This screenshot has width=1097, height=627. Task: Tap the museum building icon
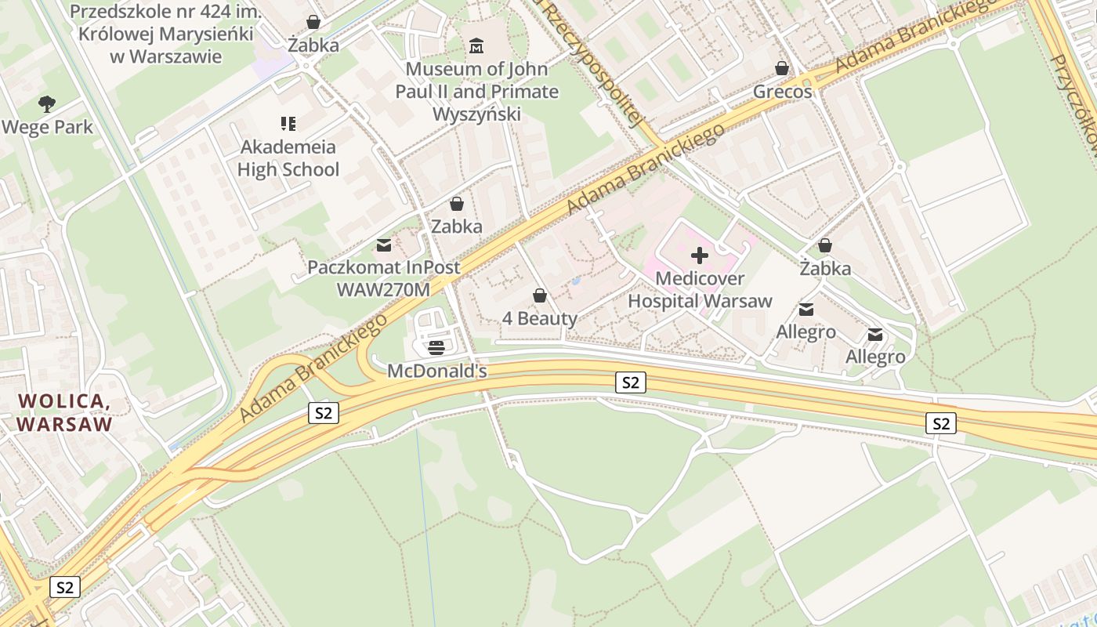pyautogui.click(x=476, y=46)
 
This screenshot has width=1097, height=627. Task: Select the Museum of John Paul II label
pyautogui.click(x=476, y=92)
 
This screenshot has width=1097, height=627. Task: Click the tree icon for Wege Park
pyautogui.click(x=47, y=103)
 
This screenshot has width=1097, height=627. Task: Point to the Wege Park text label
pyautogui.click(x=47, y=127)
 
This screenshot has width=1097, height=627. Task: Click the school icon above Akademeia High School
pyautogui.click(x=288, y=123)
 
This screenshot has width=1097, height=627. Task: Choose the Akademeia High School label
pyautogui.click(x=288, y=158)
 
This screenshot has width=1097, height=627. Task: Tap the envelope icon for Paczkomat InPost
pyautogui.click(x=384, y=245)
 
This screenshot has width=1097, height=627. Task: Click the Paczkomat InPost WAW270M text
pyautogui.click(x=384, y=278)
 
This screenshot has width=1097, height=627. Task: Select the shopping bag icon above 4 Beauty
pyautogui.click(x=539, y=295)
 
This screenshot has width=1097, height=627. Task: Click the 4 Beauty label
pyautogui.click(x=539, y=318)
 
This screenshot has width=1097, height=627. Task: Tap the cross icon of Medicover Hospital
pyautogui.click(x=700, y=256)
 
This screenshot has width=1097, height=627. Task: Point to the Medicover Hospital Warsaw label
pyautogui.click(x=700, y=290)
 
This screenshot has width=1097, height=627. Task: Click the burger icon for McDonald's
pyautogui.click(x=436, y=347)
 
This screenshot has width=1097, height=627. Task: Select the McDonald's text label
pyautogui.click(x=437, y=371)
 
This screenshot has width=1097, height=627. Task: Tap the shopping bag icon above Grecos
pyautogui.click(x=781, y=68)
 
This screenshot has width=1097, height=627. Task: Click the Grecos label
pyautogui.click(x=782, y=92)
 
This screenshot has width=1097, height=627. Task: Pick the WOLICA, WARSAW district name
pyautogui.click(x=64, y=413)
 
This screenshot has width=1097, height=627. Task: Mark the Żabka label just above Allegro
pyautogui.click(x=825, y=269)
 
